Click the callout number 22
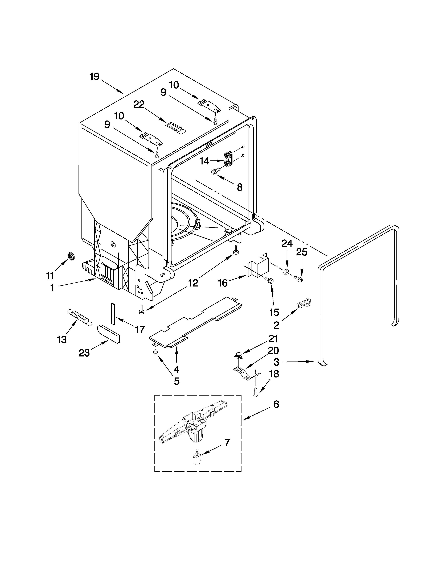pyautogui.click(x=139, y=104)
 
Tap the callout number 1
pyautogui.click(x=52, y=288)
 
